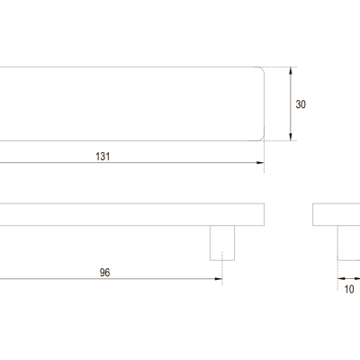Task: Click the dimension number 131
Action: click(103, 157)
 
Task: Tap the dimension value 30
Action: click(301, 104)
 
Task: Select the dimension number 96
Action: click(104, 273)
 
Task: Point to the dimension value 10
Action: click(349, 289)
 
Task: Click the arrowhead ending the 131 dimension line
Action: click(260, 163)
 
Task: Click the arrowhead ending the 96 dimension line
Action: click(219, 279)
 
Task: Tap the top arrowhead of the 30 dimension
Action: click(290, 71)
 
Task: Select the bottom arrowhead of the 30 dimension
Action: click(290, 137)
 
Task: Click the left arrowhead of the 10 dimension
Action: click(341, 279)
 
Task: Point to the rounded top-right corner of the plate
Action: click(263, 68)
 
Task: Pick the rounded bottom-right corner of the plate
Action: click(263, 139)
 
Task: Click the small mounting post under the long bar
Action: click(222, 243)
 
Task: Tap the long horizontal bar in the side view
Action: click(132, 214)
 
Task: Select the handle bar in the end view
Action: click(337, 214)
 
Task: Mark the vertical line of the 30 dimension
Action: click(290, 103)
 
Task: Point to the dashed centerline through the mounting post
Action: click(222, 268)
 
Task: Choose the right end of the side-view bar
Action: click(264, 214)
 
